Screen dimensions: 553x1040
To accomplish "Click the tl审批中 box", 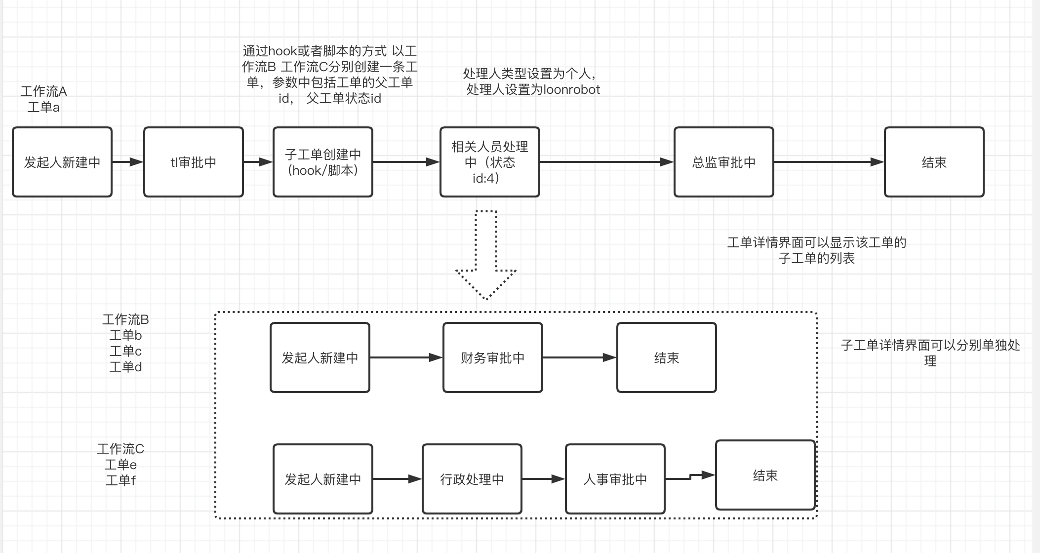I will (x=194, y=162).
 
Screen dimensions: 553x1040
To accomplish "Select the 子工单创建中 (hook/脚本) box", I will (x=322, y=162).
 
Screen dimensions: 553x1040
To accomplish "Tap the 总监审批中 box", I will (x=723, y=162).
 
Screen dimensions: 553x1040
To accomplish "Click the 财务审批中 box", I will (x=492, y=357).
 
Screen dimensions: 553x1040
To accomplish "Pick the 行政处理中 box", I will (x=472, y=479).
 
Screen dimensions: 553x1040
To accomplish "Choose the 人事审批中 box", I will (x=615, y=479).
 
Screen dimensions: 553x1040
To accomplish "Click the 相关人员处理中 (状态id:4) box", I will (x=489, y=162).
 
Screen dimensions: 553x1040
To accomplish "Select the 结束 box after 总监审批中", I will (x=934, y=162).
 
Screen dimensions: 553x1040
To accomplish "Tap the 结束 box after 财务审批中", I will (x=666, y=357).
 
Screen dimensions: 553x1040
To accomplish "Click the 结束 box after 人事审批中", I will (x=765, y=475).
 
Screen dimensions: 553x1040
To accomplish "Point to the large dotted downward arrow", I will (x=486, y=257).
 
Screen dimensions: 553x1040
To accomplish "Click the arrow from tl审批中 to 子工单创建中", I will (x=258, y=162).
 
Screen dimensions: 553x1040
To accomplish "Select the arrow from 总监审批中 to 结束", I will (x=829, y=162).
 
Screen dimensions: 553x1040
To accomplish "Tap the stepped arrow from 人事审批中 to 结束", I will (x=690, y=477).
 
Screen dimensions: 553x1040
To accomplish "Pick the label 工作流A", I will (x=43, y=91).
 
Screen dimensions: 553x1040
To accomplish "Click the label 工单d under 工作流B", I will (x=125, y=367).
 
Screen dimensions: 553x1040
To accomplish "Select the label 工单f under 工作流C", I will (x=120, y=480).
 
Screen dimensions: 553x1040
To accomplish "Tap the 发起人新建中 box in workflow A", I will (x=62, y=162).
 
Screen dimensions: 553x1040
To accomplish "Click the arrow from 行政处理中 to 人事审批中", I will (x=543, y=479).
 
